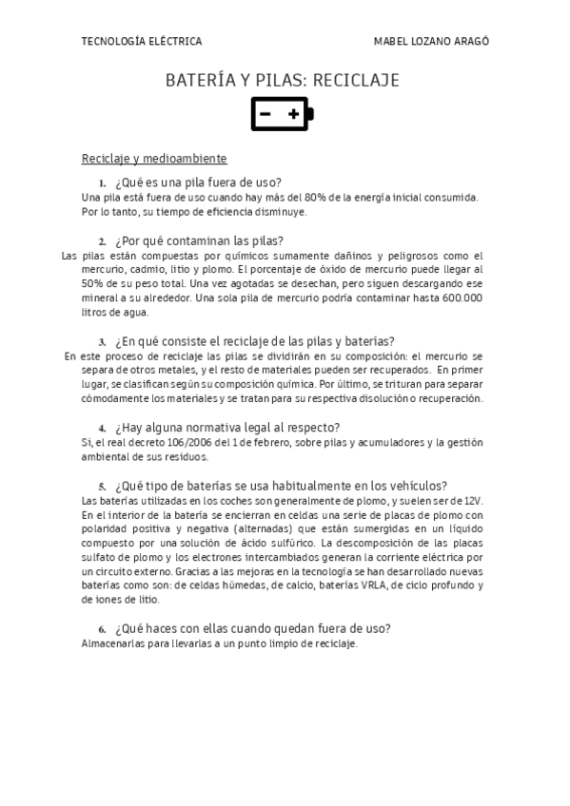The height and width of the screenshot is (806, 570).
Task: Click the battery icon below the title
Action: pos(282,114)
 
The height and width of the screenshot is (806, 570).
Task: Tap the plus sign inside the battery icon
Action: pos(294,115)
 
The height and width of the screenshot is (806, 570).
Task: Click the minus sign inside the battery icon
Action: pos(265,115)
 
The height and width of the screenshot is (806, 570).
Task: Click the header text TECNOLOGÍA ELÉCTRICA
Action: pos(142,42)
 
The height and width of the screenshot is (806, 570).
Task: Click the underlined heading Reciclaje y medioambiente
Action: pos(154,158)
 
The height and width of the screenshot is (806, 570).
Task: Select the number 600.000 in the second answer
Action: pos(462,297)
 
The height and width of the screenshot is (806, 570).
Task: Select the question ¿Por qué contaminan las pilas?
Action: pos(199,240)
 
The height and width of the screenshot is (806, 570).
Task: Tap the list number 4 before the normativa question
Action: pos(102,429)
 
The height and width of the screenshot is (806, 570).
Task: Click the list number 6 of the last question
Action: pos(102,630)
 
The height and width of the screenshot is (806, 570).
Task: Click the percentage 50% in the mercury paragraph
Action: pos(93,283)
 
